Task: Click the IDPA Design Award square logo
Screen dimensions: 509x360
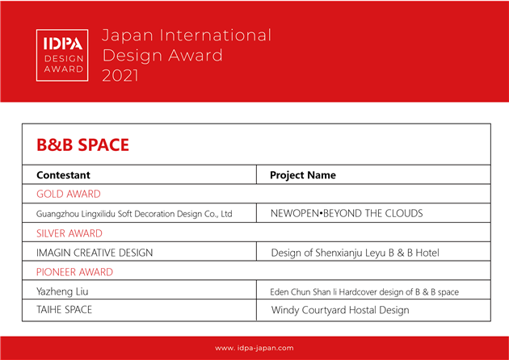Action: tap(62, 55)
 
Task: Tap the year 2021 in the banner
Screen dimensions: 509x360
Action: tap(120, 76)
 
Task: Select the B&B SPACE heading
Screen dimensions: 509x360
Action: tap(82, 144)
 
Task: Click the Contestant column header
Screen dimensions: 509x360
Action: tap(63, 175)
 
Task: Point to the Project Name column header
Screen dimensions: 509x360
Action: tap(303, 175)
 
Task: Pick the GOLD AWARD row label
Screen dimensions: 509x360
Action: tap(69, 194)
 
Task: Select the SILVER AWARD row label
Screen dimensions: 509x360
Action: tap(69, 233)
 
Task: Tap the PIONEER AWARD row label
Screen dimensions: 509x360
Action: tap(74, 272)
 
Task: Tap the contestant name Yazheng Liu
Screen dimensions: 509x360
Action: tap(62, 291)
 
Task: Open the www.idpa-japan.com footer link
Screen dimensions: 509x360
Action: tap(254, 348)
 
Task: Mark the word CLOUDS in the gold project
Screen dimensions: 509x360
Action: tap(404, 213)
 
